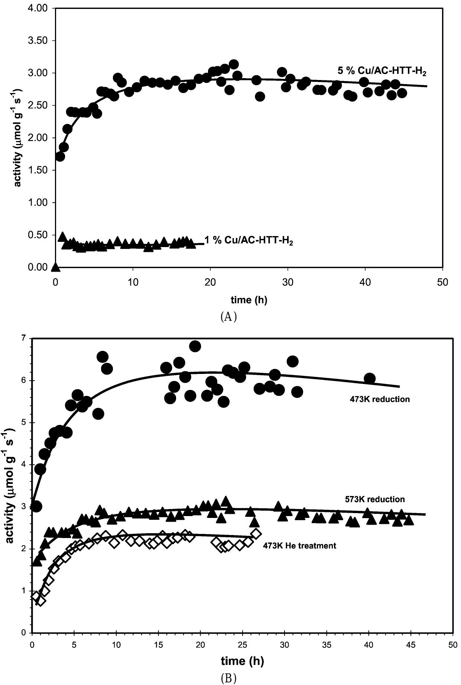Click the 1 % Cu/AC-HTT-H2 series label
249,241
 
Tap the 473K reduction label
377,400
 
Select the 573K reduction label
375,499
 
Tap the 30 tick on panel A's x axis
288,282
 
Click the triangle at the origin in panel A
55,266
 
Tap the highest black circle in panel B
195,346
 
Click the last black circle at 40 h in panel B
370,378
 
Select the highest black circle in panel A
234,64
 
